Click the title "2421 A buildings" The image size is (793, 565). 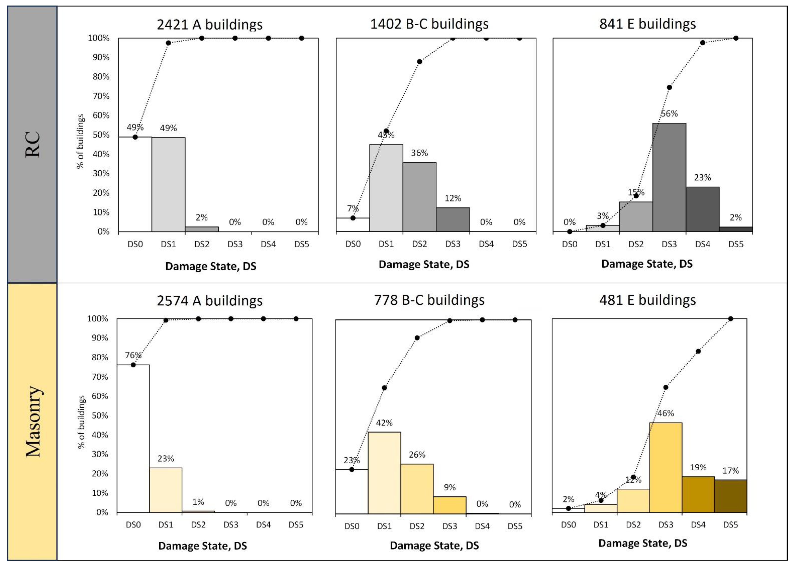209,24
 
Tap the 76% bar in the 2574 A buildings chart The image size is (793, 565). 133,438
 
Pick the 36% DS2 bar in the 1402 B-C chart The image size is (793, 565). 419,196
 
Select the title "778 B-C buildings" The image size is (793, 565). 429,300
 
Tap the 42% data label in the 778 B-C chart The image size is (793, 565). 384,423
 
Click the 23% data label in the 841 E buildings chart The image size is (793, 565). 702,177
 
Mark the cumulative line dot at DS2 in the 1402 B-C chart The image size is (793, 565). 419,62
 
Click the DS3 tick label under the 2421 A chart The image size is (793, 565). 235,244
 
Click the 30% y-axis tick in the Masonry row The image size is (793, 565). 100,454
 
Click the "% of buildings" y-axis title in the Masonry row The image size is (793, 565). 81,422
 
